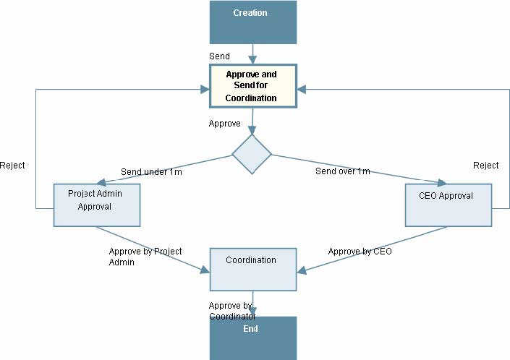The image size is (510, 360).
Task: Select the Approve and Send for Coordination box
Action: click(x=252, y=86)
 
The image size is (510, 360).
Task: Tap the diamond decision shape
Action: click(x=252, y=154)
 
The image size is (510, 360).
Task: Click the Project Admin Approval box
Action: click(x=96, y=205)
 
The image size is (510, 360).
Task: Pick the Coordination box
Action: click(x=252, y=269)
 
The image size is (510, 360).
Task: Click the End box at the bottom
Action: click(x=252, y=337)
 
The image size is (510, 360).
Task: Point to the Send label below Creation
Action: click(x=220, y=56)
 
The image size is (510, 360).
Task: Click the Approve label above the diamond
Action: click(x=224, y=124)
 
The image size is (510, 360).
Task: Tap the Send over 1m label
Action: click(x=343, y=171)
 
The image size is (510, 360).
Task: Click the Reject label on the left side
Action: click(x=12, y=166)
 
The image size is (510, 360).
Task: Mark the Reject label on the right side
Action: click(x=485, y=166)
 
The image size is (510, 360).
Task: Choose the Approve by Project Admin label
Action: click(x=145, y=257)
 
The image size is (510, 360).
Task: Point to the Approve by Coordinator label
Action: click(x=231, y=311)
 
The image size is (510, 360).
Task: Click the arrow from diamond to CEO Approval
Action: click(x=354, y=168)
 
